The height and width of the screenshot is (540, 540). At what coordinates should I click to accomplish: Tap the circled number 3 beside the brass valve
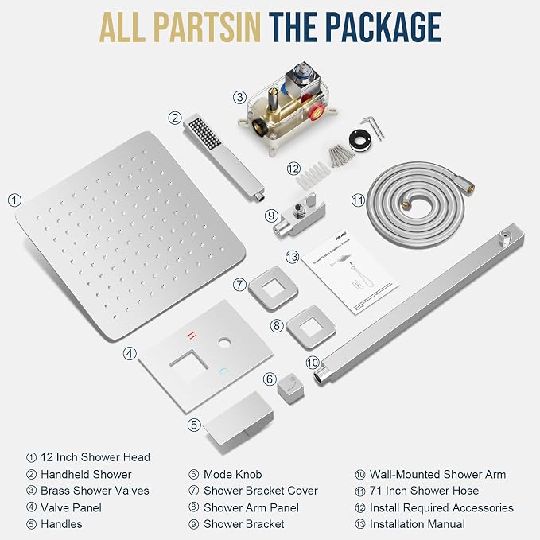[x=239, y=97]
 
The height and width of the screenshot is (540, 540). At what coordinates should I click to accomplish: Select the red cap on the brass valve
[x=317, y=113]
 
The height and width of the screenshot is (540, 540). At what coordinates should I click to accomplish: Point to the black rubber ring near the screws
[x=360, y=140]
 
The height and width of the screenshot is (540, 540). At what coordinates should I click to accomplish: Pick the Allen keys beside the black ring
[x=373, y=128]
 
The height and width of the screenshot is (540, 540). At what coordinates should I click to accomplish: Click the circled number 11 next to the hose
[x=358, y=200]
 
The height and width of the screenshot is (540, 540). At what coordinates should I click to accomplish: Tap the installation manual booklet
[x=350, y=273]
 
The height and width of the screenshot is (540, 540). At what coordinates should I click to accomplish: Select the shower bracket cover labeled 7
[x=273, y=289]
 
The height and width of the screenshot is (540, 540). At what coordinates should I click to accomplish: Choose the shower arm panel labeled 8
[x=311, y=328]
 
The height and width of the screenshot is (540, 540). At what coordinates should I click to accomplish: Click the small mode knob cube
[x=290, y=388]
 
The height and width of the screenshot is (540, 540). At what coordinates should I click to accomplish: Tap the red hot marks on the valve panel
[x=192, y=335]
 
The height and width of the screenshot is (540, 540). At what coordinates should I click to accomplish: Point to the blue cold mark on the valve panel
[x=223, y=371]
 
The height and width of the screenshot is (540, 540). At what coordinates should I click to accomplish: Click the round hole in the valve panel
[x=224, y=342]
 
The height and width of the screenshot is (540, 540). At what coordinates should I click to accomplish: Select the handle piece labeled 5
[x=238, y=424]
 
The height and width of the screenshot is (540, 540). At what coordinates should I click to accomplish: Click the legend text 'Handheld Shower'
[x=86, y=474]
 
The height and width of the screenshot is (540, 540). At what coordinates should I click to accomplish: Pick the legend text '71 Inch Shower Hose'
[x=424, y=491]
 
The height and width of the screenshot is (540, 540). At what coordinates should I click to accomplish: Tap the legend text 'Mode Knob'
[x=232, y=474]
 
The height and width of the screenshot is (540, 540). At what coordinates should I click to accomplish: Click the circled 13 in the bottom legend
[x=360, y=524]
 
